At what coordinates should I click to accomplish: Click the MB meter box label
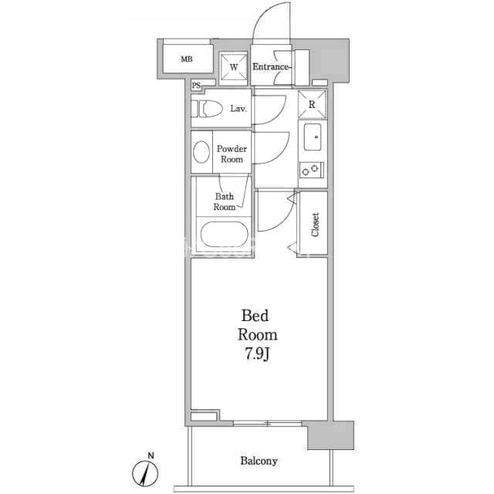(x=187, y=59)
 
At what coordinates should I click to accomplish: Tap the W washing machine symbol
(x=233, y=67)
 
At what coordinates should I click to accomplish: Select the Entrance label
(x=270, y=67)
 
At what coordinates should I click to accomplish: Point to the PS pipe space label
(x=196, y=86)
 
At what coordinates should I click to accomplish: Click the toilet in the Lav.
(x=207, y=109)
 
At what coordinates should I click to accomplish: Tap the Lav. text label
(x=239, y=109)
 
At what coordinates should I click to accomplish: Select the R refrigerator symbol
(x=312, y=104)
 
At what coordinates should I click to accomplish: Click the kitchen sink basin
(x=312, y=137)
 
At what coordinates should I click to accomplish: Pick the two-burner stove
(x=312, y=170)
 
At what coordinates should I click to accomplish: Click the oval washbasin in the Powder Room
(x=201, y=152)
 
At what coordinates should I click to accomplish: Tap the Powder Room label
(x=232, y=154)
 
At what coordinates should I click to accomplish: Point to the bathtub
(x=225, y=235)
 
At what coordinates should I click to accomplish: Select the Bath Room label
(x=225, y=201)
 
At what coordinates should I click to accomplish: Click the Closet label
(x=315, y=225)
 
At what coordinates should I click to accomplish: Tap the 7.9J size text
(x=257, y=354)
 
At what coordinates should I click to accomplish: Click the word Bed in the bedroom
(x=255, y=316)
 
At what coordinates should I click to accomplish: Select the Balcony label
(x=259, y=461)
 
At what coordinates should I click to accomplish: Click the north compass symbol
(x=145, y=473)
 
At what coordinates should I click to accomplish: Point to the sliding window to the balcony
(x=268, y=423)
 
